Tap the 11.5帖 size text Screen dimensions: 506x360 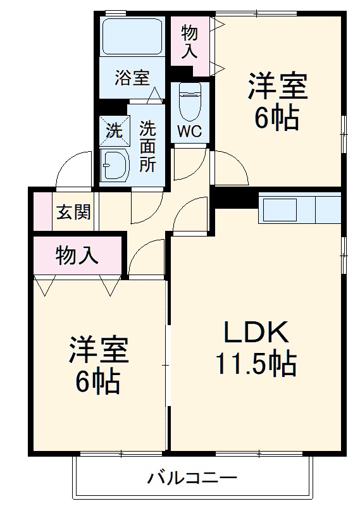(x=256, y=363)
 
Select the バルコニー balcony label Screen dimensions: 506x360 (x=192, y=478)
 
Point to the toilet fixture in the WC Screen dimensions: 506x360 (x=189, y=101)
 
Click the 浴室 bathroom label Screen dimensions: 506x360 (x=132, y=79)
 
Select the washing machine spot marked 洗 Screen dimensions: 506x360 (x=113, y=132)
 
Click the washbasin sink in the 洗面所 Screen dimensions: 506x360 (x=115, y=166)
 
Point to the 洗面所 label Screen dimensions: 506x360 (x=147, y=147)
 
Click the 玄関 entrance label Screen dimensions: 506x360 (x=74, y=213)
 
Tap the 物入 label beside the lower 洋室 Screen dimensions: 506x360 (x=77, y=256)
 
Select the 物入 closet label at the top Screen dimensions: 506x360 (x=190, y=42)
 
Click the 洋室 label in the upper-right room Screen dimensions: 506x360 (x=277, y=88)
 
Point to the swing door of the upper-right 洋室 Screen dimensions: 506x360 (x=228, y=168)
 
